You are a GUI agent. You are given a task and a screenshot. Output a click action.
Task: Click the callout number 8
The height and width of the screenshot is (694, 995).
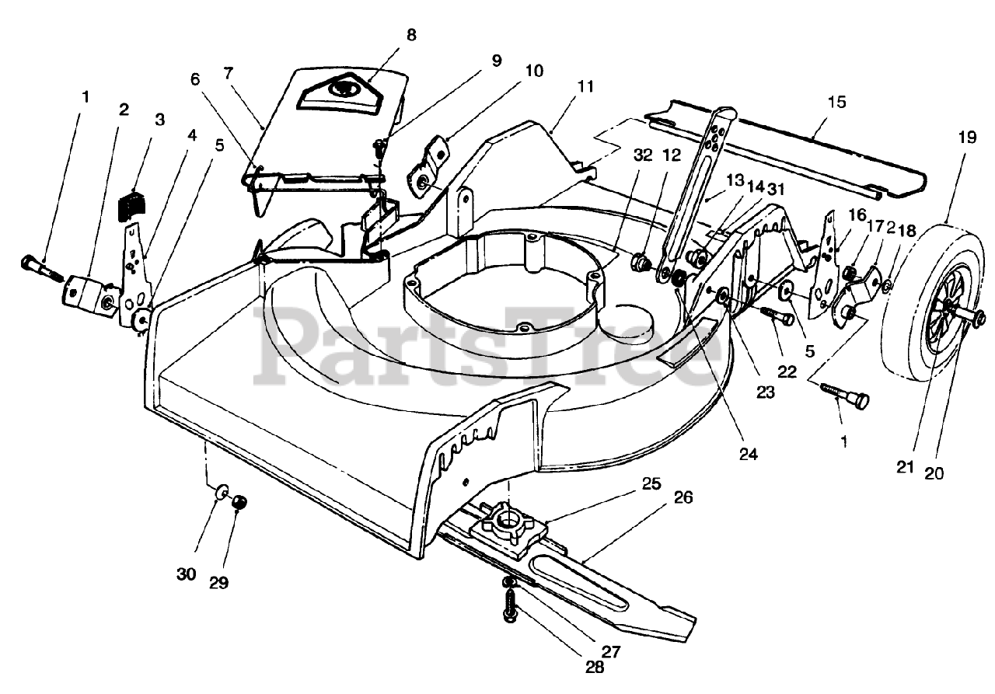[x=411, y=35]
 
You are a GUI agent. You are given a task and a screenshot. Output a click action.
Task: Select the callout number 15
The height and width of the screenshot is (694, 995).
[x=837, y=102]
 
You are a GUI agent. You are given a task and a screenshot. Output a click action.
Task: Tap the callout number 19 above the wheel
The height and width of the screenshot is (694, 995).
[x=967, y=138]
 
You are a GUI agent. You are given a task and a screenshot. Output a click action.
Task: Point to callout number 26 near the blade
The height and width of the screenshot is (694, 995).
[x=683, y=497]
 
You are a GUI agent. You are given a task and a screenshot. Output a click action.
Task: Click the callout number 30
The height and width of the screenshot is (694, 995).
[x=186, y=574]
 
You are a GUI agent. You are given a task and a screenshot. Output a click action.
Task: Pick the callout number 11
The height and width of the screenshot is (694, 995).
[x=585, y=86]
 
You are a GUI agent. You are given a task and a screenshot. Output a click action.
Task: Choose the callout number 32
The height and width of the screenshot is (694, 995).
[x=643, y=155]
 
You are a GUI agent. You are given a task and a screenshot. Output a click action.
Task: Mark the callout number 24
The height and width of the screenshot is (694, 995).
[x=749, y=454]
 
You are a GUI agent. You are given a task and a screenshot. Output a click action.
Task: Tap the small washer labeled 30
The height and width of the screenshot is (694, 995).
[x=223, y=491]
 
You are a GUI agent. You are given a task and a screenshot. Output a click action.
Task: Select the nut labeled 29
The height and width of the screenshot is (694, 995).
[x=240, y=503]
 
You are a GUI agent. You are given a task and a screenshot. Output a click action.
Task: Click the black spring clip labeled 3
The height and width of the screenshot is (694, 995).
[x=129, y=205]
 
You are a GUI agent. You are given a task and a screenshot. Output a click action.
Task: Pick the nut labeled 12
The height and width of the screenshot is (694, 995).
[x=641, y=260]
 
